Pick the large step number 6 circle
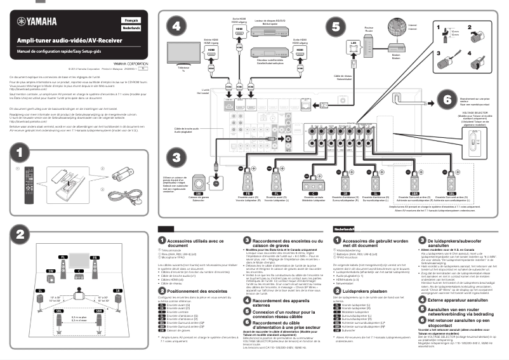[446, 101]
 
